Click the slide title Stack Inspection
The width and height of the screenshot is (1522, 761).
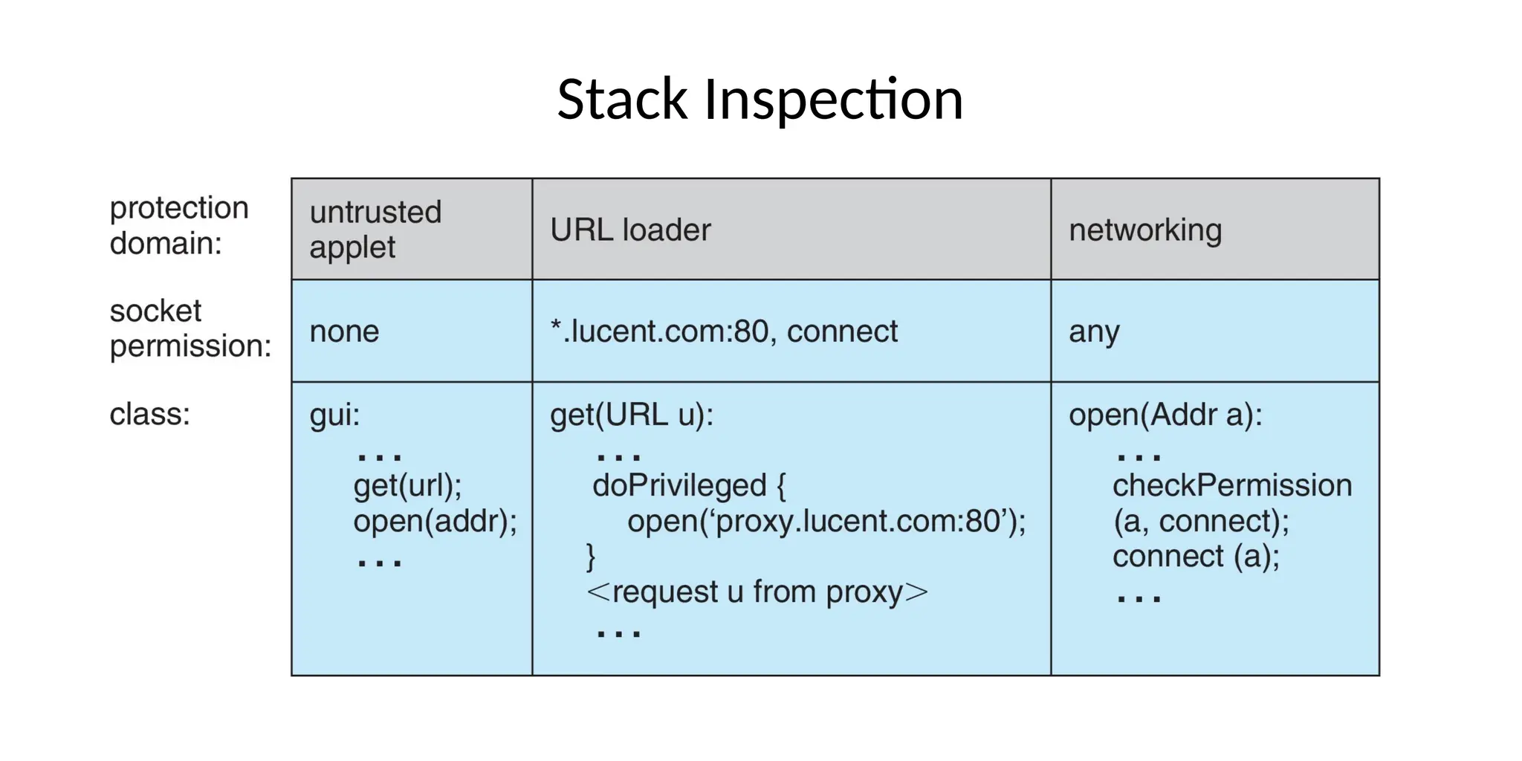[x=760, y=100]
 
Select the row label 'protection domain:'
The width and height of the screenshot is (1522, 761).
[x=178, y=225]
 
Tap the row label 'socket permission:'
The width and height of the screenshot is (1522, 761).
[x=190, y=328]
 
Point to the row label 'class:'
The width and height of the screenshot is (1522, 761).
[x=149, y=414]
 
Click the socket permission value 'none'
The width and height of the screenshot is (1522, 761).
[x=344, y=331]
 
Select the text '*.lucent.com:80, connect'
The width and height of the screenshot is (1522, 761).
[x=723, y=331]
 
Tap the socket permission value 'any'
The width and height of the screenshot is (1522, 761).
[x=1093, y=331]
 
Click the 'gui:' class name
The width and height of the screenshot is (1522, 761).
[x=334, y=415]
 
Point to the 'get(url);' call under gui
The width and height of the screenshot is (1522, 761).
[x=407, y=486]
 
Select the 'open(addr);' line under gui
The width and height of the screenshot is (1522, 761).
[x=435, y=521]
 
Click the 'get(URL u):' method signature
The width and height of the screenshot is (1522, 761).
[x=631, y=415]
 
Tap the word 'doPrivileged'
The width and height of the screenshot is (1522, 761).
[x=679, y=485]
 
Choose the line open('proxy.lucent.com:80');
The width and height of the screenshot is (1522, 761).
[x=826, y=521]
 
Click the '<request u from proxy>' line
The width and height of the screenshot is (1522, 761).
[x=757, y=592]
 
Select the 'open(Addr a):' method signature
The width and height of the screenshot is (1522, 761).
[x=1165, y=415]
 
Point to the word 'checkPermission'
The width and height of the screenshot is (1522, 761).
[x=1231, y=485]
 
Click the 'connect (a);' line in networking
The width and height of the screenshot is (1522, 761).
[x=1196, y=557]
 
